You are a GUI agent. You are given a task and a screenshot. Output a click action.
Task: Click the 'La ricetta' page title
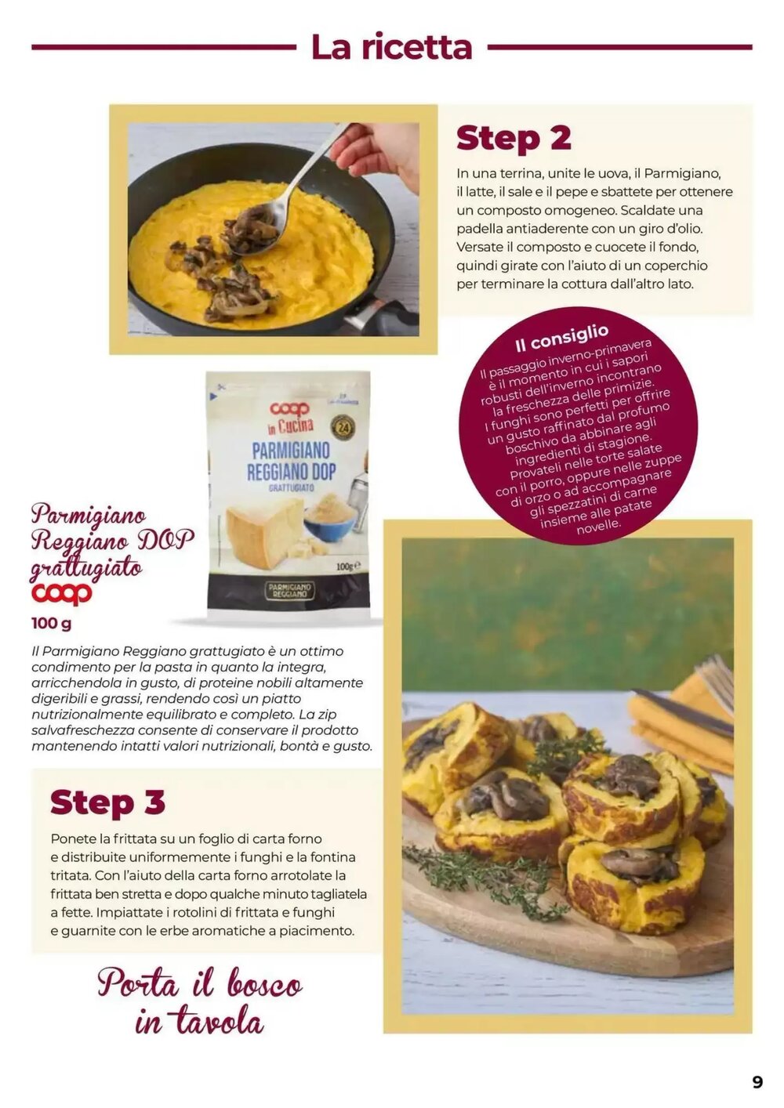[391, 47]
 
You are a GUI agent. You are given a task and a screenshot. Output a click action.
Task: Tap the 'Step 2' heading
[514, 138]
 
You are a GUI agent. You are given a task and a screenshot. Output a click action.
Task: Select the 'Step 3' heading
[107, 802]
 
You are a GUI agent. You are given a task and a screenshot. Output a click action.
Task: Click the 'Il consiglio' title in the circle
[561, 338]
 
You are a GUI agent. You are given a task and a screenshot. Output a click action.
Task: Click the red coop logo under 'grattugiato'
[62, 594]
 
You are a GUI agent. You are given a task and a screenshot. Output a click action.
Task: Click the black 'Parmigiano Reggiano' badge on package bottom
[289, 591]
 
